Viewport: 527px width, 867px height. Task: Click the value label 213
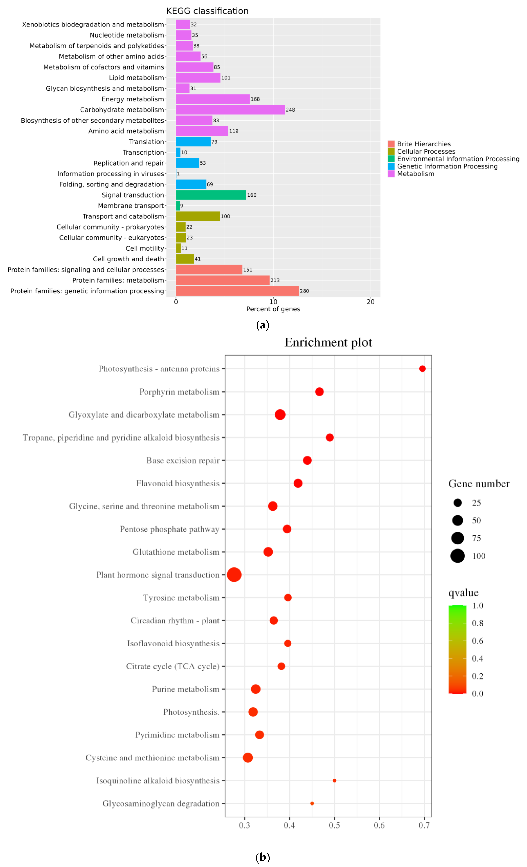[x=275, y=280]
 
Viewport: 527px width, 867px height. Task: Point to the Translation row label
[x=146, y=142]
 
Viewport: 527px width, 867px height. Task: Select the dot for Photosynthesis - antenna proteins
[x=422, y=369]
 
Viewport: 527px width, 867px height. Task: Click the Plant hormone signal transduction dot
[x=234, y=575]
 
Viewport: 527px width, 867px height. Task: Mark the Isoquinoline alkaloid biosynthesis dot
[x=334, y=780]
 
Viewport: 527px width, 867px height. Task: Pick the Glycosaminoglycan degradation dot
[x=312, y=803]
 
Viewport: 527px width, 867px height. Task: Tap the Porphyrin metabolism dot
[x=319, y=392]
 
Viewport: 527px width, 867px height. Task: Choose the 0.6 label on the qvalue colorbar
[x=477, y=641]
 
